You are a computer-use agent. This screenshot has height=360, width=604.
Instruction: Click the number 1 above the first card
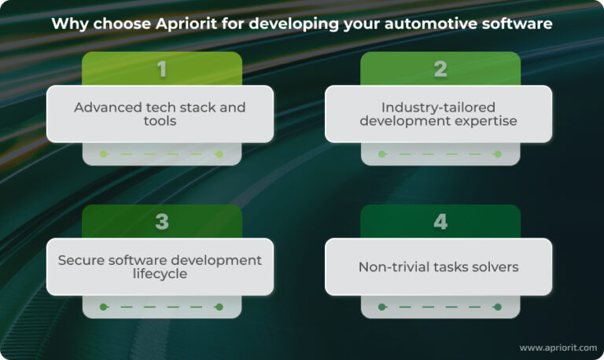coord(162,69)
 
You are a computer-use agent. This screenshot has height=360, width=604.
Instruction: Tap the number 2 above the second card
coord(440,69)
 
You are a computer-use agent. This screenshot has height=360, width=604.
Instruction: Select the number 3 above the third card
coord(162,222)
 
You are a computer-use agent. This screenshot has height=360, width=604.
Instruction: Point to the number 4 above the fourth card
coord(440,222)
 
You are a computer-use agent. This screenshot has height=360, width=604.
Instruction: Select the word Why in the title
coord(68,24)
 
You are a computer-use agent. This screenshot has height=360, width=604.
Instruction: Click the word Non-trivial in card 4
coord(392,267)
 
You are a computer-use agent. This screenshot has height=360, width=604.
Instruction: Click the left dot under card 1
coord(103,154)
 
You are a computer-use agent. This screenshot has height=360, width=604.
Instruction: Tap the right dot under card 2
coord(497,154)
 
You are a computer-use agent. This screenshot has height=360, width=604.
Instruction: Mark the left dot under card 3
coord(103,307)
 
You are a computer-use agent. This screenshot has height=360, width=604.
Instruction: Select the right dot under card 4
coord(497,307)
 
